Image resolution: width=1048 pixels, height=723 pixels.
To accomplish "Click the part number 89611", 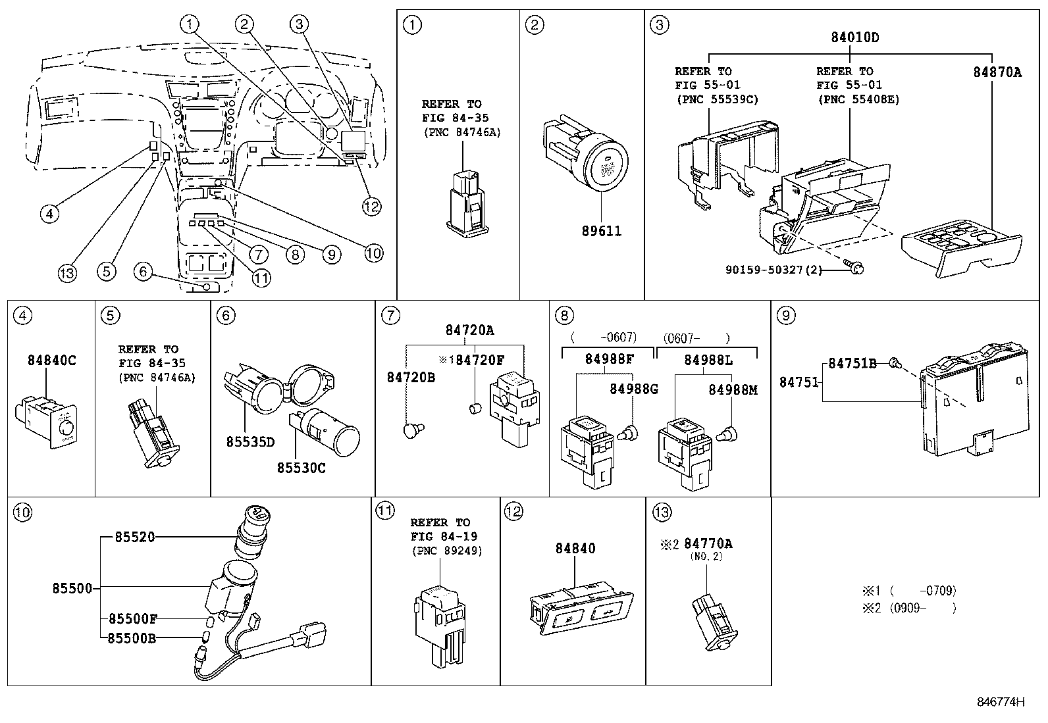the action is (601, 231).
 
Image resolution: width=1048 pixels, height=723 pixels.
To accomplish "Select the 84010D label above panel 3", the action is (854, 37).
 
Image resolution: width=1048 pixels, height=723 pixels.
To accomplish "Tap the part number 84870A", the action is (997, 72).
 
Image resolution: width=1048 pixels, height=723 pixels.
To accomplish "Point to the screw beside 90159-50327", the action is (855, 268).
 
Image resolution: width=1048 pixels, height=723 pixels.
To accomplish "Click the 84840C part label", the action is (51, 360).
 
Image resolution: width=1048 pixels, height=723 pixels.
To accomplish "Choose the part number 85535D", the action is (250, 442).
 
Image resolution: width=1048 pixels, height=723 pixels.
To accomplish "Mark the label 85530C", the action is (301, 468).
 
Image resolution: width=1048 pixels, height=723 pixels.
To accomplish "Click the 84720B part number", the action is (411, 378).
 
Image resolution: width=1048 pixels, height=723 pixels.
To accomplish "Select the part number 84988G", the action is (634, 389).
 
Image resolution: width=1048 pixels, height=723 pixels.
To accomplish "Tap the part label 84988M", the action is (733, 389).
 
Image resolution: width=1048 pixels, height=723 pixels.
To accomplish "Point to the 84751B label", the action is (852, 363).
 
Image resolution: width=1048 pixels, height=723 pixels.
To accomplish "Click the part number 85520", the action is (135, 537).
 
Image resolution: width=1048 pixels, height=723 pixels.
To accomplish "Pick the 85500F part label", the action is (133, 618).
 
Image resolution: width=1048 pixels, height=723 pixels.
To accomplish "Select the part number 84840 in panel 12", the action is (575, 548).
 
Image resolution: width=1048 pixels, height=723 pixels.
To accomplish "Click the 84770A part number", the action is (708, 543).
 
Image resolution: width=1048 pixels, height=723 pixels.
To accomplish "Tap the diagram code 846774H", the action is (1001, 702).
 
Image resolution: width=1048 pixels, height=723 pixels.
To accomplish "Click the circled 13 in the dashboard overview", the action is (67, 272).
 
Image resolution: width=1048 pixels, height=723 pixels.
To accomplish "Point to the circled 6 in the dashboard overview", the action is (143, 271).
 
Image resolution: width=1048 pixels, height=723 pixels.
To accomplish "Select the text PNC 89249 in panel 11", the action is (447, 551).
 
